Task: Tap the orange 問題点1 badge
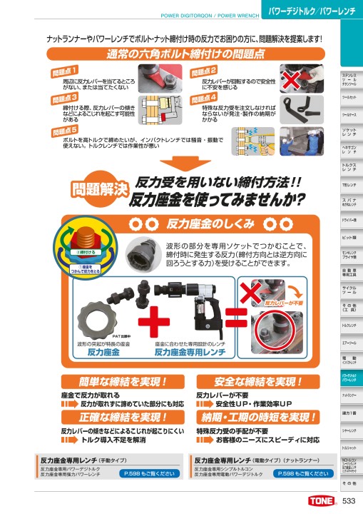click(x=65, y=71)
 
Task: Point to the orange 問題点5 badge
click(x=65, y=131)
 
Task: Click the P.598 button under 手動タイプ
click(x=142, y=473)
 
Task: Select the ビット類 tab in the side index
click(x=349, y=236)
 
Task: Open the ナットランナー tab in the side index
click(x=349, y=394)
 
